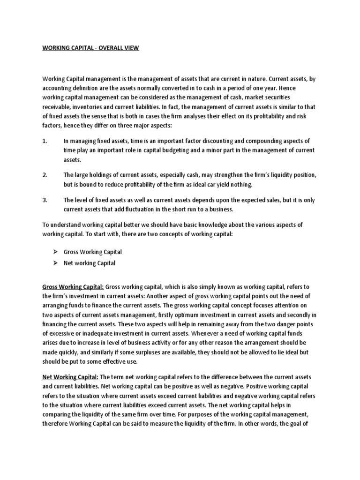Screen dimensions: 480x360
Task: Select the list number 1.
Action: tap(45, 141)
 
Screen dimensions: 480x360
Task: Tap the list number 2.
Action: tap(45, 175)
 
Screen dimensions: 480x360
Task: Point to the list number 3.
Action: tap(45, 200)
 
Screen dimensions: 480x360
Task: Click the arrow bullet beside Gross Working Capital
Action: tap(56, 252)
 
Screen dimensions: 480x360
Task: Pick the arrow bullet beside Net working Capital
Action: tap(56, 263)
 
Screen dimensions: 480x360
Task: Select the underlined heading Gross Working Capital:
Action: tap(73, 286)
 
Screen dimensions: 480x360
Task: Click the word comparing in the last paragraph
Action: tap(59, 415)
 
